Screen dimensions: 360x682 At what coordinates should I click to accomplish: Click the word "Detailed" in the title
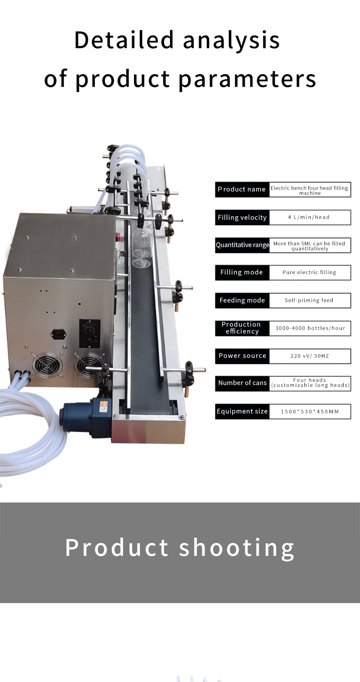[124, 40]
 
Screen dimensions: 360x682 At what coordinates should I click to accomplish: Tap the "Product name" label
[242, 189]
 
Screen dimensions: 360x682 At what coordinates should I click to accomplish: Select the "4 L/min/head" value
[309, 217]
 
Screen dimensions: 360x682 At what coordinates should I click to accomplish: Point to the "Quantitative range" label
[242, 245]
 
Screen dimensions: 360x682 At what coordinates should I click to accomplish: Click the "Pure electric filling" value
[309, 272]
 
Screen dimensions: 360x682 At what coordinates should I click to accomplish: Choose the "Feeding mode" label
[242, 300]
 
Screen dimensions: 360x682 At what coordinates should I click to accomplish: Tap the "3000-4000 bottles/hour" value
[310, 328]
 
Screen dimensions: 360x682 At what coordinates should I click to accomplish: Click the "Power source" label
[242, 356]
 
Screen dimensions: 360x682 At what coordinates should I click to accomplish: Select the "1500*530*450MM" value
[310, 412]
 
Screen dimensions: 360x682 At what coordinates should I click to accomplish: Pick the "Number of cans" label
[242, 382]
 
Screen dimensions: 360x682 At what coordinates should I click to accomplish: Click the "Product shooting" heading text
[180, 548]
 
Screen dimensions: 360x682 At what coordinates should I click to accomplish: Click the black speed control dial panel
[90, 333]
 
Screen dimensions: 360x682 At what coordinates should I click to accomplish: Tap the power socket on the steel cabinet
[58, 334]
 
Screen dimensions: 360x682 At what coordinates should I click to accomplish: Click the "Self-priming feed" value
[309, 300]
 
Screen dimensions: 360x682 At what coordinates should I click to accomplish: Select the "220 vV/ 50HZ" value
[310, 356]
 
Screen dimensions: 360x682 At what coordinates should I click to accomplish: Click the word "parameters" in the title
[247, 79]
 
